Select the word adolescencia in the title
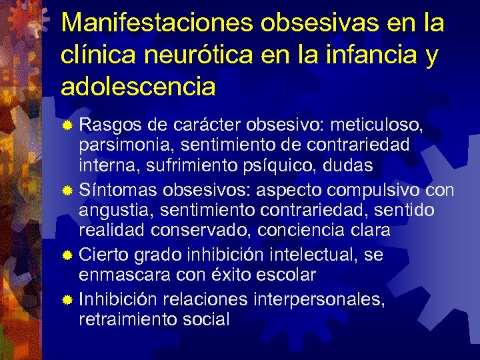pyautogui.click(x=139, y=86)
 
